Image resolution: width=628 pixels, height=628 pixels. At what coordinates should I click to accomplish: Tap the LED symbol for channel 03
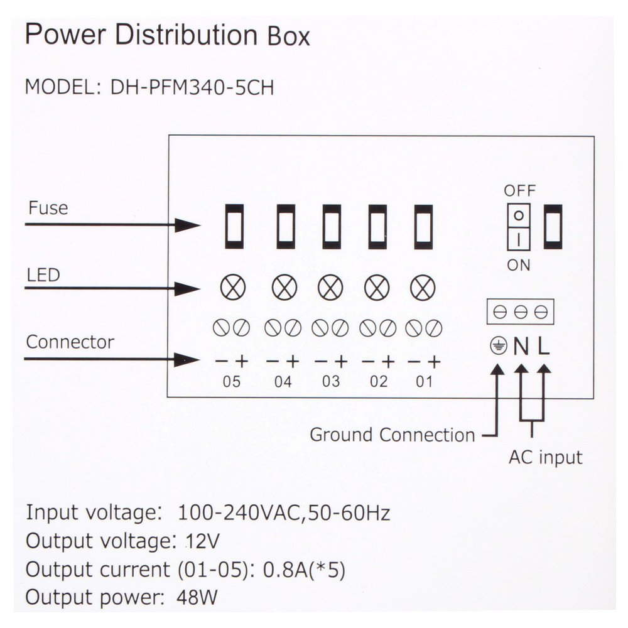(x=330, y=288)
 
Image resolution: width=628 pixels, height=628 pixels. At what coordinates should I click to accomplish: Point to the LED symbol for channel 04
(x=284, y=288)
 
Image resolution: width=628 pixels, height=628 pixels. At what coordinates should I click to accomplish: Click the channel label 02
(x=379, y=381)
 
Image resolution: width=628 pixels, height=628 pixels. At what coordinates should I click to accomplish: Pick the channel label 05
(x=232, y=381)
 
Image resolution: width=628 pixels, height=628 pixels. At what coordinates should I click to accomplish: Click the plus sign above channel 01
(x=433, y=362)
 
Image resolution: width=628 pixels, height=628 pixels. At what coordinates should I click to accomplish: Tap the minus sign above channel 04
(x=273, y=362)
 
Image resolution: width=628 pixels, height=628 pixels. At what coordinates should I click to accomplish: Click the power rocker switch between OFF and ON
(x=519, y=227)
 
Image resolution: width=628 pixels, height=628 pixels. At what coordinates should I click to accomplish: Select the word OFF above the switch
(x=520, y=190)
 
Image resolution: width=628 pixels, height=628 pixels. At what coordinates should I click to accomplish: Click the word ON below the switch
(x=519, y=265)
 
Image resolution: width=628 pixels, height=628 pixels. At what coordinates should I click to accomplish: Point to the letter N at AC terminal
(x=521, y=346)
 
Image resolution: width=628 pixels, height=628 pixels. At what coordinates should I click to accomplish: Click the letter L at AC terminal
(x=544, y=345)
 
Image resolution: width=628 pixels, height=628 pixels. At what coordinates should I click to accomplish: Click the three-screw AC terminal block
(x=520, y=311)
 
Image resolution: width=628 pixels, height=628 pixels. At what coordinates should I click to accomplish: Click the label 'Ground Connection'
(x=392, y=435)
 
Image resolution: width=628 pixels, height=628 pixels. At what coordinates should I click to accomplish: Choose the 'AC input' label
(x=545, y=457)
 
